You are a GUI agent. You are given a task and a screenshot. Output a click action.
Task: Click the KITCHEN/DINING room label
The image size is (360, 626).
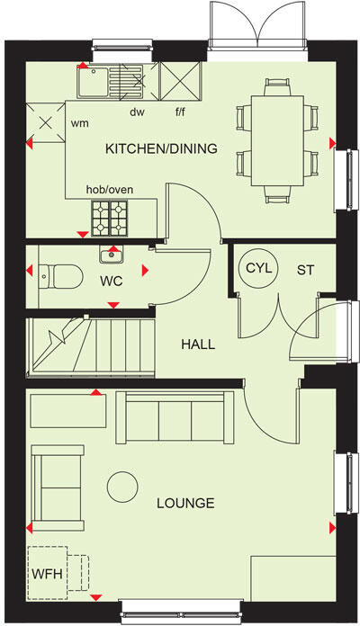[161, 148]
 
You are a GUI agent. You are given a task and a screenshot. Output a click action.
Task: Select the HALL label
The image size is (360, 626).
[197, 344]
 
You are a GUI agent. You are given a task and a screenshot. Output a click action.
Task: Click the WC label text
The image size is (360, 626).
[110, 280]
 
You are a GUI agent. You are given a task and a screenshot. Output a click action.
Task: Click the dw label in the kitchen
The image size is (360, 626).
[137, 112]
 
